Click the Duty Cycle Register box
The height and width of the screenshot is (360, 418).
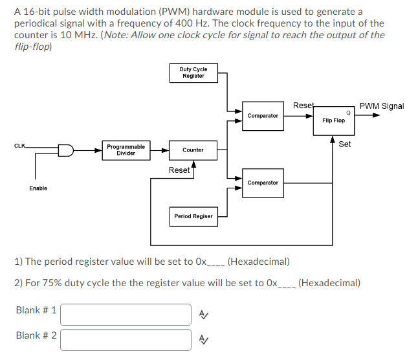click(x=193, y=73)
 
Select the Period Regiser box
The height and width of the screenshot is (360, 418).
click(x=193, y=216)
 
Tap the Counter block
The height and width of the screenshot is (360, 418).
click(x=193, y=150)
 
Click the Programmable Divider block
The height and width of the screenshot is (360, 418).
click(x=126, y=150)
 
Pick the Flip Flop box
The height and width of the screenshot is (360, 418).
click(x=334, y=120)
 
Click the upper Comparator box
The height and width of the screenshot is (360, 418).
click(x=263, y=116)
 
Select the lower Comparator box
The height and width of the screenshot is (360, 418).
click(x=263, y=183)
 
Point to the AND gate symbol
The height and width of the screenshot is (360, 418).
click(x=66, y=150)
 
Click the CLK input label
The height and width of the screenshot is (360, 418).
click(x=19, y=146)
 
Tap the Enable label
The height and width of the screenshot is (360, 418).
click(x=38, y=188)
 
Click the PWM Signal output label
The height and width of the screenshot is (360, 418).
click(x=382, y=106)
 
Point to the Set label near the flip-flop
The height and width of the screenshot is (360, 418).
click(x=345, y=144)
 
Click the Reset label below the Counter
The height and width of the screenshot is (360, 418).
click(x=179, y=170)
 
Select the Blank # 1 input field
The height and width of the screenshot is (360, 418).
click(x=126, y=315)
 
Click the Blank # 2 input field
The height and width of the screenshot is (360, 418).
click(x=126, y=340)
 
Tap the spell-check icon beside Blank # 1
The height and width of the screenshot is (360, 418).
click(x=204, y=315)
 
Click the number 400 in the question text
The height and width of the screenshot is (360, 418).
click(x=184, y=23)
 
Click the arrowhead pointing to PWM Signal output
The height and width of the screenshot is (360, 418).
click(x=376, y=115)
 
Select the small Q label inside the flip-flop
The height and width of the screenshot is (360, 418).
click(x=348, y=113)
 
